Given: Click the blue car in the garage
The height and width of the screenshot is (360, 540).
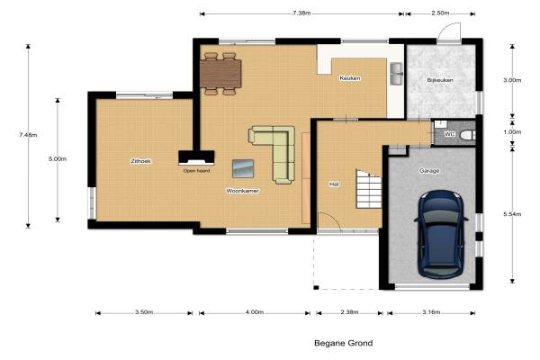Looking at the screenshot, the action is pyautogui.click(x=441, y=235).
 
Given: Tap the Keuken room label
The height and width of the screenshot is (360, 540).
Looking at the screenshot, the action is pyautogui.click(x=350, y=78).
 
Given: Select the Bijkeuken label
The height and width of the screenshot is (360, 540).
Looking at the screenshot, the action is pyautogui.click(x=440, y=80).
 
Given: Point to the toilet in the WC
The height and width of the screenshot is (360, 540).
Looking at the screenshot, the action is pyautogui.click(x=468, y=135).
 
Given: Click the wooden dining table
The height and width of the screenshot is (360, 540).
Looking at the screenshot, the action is pyautogui.click(x=220, y=74).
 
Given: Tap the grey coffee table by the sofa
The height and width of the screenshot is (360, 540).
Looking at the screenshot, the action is pyautogui.click(x=243, y=168).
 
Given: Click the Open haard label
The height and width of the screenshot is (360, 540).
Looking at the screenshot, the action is pyautogui.click(x=196, y=170).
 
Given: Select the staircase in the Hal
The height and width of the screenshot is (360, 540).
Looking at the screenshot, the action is pyautogui.click(x=369, y=189).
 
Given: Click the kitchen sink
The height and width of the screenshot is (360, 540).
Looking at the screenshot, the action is pyautogui.click(x=396, y=74).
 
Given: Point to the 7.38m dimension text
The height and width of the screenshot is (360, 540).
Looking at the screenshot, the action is pyautogui.click(x=301, y=13).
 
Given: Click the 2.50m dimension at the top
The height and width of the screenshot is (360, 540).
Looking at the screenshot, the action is pyautogui.click(x=440, y=13).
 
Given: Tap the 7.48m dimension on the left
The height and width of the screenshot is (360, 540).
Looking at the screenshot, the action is pyautogui.click(x=28, y=135).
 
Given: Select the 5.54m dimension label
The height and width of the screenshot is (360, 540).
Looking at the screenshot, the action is pyautogui.click(x=512, y=214).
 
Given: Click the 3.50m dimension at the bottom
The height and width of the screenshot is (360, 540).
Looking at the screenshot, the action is pyautogui.click(x=144, y=312).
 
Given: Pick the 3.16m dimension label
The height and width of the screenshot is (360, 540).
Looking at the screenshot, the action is pyautogui.click(x=431, y=312).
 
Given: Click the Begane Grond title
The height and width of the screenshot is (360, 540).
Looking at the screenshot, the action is pyautogui.click(x=344, y=343).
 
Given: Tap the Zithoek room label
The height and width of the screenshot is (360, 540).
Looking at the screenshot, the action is pyautogui.click(x=140, y=161).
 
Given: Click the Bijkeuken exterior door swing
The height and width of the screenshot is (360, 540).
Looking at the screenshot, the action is pyautogui.click(x=449, y=31).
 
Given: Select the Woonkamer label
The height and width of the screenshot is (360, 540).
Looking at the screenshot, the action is pyautogui.click(x=242, y=191).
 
